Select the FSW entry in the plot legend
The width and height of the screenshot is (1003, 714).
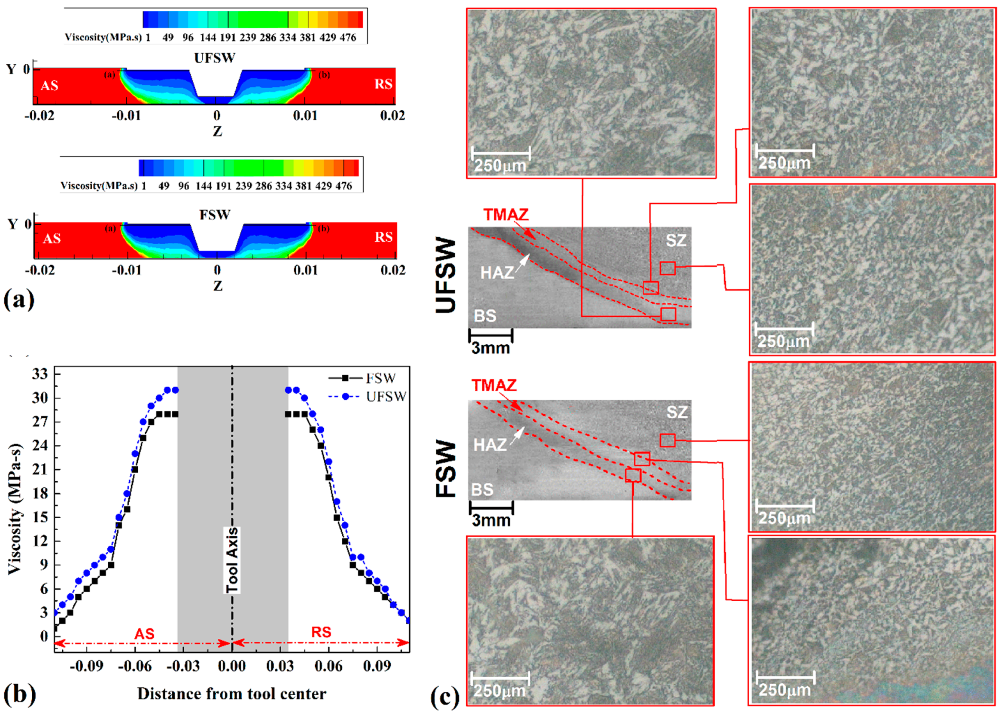click(x=380, y=378)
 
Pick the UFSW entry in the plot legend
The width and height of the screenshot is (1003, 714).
click(x=385, y=396)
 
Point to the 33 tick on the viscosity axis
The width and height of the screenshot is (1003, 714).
click(x=40, y=374)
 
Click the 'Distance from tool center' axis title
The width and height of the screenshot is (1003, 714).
click(x=232, y=694)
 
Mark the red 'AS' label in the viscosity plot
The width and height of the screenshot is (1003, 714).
click(x=144, y=634)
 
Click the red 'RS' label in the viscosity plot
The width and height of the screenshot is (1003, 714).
click(x=321, y=632)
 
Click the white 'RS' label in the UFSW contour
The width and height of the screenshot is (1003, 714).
click(x=383, y=84)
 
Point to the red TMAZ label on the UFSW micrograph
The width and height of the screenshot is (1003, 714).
click(x=506, y=215)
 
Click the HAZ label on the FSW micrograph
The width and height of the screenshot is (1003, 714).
click(x=489, y=445)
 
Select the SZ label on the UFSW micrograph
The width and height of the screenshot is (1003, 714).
click(x=676, y=240)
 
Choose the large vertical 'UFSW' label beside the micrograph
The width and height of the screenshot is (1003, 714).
click(x=446, y=276)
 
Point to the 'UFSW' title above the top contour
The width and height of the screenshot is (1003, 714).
click(x=215, y=58)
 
